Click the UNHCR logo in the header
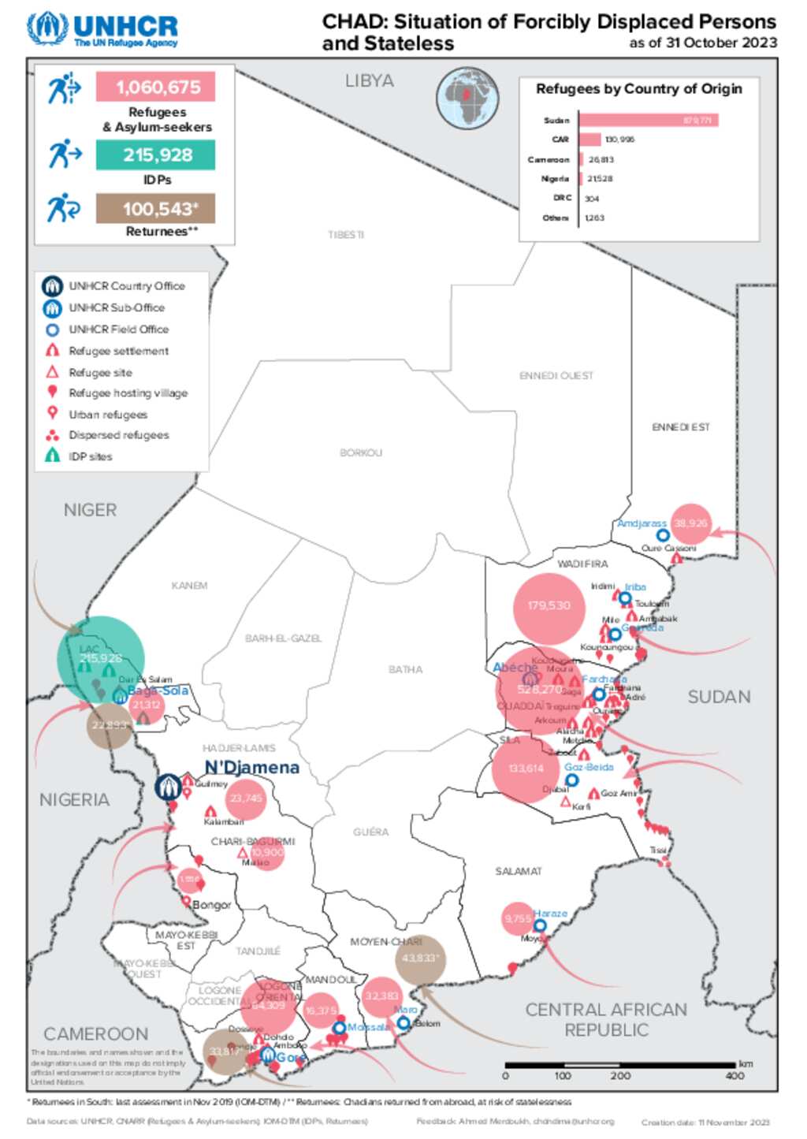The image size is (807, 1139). click(102, 30)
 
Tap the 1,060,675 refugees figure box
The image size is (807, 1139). click(155, 87)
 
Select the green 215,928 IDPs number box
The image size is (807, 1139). click(155, 154)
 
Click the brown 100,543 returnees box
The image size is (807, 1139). click(155, 209)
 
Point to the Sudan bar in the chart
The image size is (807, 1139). click(648, 120)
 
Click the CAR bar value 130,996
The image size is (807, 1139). click(619, 140)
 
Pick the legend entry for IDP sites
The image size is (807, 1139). click(89, 456)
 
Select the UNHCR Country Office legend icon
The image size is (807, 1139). click(53, 286)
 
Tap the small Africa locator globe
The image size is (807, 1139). click(467, 98)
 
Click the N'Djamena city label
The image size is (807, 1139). click(251, 767)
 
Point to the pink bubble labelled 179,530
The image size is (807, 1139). click(549, 605)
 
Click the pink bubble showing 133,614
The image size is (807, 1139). click(526, 769)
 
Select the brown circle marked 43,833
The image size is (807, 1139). click(421, 958)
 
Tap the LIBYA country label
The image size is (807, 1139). click(369, 80)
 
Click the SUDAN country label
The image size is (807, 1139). click(719, 697)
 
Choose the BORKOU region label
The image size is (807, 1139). click(360, 452)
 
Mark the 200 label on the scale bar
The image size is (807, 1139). click(620, 1075)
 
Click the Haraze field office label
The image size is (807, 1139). click(550, 914)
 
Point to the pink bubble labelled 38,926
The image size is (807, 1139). click(690, 523)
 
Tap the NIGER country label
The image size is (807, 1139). click(90, 510)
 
